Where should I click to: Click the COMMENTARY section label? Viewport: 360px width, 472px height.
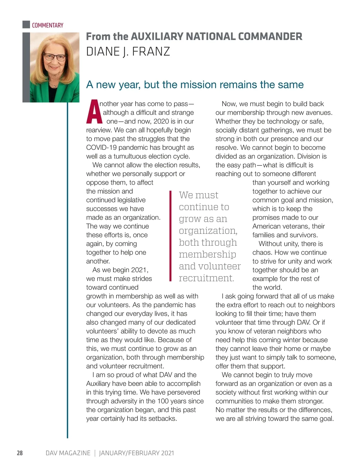point(48,25)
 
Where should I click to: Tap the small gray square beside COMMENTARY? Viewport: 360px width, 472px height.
point(26,25)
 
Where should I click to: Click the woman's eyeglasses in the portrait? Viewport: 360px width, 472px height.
point(55,57)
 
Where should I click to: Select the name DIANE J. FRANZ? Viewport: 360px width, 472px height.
point(128,52)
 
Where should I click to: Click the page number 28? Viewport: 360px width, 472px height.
point(19,453)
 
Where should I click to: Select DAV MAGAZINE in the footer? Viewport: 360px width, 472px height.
point(68,453)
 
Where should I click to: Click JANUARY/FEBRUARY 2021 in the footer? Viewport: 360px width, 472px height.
point(136,453)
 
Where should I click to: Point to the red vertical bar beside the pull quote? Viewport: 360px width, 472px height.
point(170,236)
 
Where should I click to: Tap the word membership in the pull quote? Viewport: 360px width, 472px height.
point(207,254)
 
